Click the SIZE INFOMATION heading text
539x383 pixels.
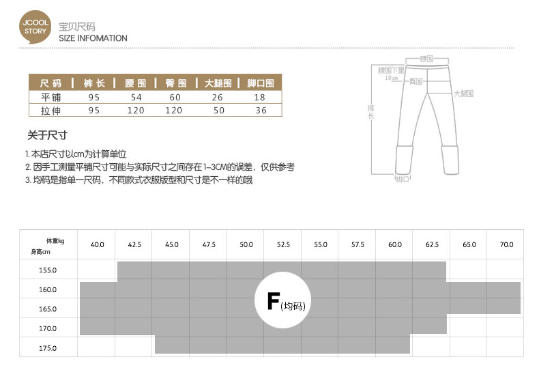click(x=93, y=38)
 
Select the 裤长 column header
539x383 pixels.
click(x=93, y=83)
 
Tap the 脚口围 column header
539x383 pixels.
click(x=260, y=83)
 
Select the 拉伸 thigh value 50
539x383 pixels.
click(x=219, y=110)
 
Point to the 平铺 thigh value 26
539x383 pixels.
click(x=219, y=97)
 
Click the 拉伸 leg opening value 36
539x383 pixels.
click(x=261, y=110)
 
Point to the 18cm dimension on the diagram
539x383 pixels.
click(x=391, y=78)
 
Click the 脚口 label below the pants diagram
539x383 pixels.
click(x=403, y=180)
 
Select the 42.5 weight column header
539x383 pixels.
click(x=134, y=244)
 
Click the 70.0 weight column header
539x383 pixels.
click(x=506, y=244)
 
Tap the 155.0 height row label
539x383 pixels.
click(x=48, y=270)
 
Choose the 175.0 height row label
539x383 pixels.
click(x=48, y=348)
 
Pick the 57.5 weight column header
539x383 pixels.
click(x=357, y=244)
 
